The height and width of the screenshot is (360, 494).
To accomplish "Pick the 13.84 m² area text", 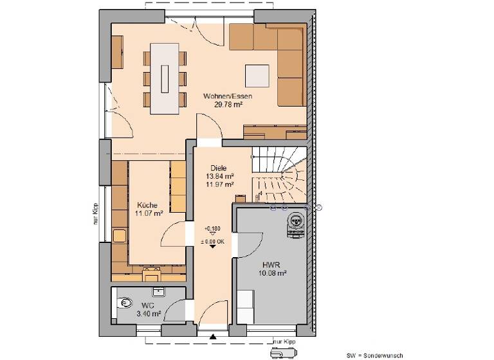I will click(x=219, y=176).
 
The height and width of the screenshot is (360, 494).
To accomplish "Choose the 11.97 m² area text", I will click(x=219, y=184).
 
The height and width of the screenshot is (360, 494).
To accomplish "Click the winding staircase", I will click(x=279, y=172).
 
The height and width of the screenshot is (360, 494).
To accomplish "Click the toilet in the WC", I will click(x=123, y=303).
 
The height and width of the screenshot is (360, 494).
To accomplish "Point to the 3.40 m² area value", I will click(x=149, y=314).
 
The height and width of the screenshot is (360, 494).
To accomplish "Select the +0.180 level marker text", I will click(x=212, y=229).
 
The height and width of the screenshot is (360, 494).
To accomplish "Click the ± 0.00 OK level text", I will click(x=214, y=241).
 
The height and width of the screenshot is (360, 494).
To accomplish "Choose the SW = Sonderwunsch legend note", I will click(x=374, y=355).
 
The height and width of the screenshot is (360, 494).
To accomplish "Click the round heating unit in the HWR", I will click(x=295, y=221).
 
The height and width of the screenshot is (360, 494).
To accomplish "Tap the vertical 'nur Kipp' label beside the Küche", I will click(x=94, y=217).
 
